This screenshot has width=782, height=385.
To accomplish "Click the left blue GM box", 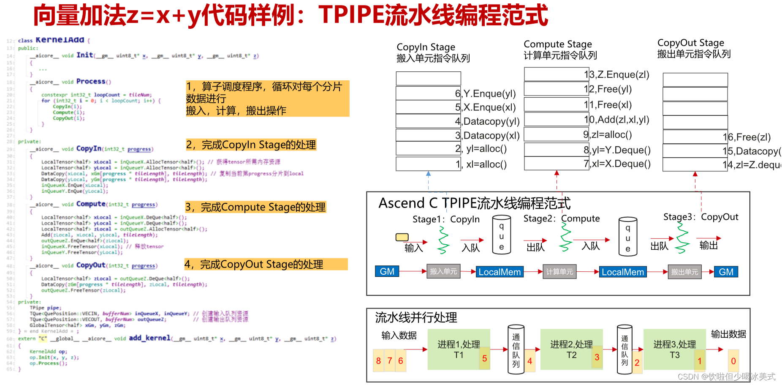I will [x=387, y=271].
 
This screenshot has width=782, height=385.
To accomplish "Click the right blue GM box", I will [x=726, y=272].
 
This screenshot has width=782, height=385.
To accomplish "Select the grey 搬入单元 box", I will [x=443, y=271].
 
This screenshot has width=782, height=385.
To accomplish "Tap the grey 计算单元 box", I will [x=559, y=272].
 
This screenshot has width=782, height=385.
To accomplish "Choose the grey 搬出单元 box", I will [x=684, y=272].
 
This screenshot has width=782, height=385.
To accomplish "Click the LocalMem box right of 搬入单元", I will [x=500, y=272].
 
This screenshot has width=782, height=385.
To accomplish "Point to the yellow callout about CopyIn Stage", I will [x=251, y=145].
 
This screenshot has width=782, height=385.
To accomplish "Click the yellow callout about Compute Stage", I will [x=255, y=207].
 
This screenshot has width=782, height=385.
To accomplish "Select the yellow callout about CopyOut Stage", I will [x=266, y=265].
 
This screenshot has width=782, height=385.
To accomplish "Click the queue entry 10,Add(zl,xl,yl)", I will [x=616, y=120].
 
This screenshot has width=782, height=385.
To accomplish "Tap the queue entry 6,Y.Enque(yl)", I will [x=486, y=93].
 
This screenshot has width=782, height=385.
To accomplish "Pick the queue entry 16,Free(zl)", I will [x=747, y=137].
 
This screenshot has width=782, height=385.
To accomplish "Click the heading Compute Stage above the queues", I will [x=557, y=44].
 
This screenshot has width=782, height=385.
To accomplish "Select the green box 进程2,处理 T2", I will [x=571, y=350].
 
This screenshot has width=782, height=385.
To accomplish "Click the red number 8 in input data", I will [x=378, y=360].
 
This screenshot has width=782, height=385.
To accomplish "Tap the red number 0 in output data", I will [x=733, y=361].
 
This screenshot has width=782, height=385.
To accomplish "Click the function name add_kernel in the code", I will [x=149, y=338].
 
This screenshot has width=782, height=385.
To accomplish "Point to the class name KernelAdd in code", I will [x=60, y=40].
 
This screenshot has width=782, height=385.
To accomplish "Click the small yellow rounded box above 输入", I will [x=402, y=237].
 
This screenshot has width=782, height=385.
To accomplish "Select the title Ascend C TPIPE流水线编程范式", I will [x=474, y=203].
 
